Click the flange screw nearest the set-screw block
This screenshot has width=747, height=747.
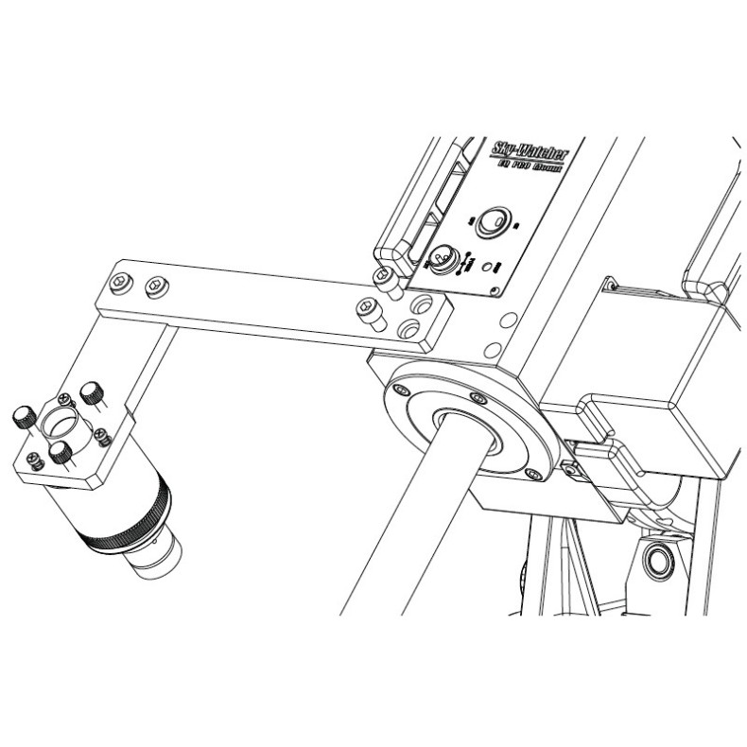pyautogui.click(x=536, y=472)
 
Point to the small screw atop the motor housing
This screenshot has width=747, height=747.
pyautogui.click(x=613, y=285)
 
